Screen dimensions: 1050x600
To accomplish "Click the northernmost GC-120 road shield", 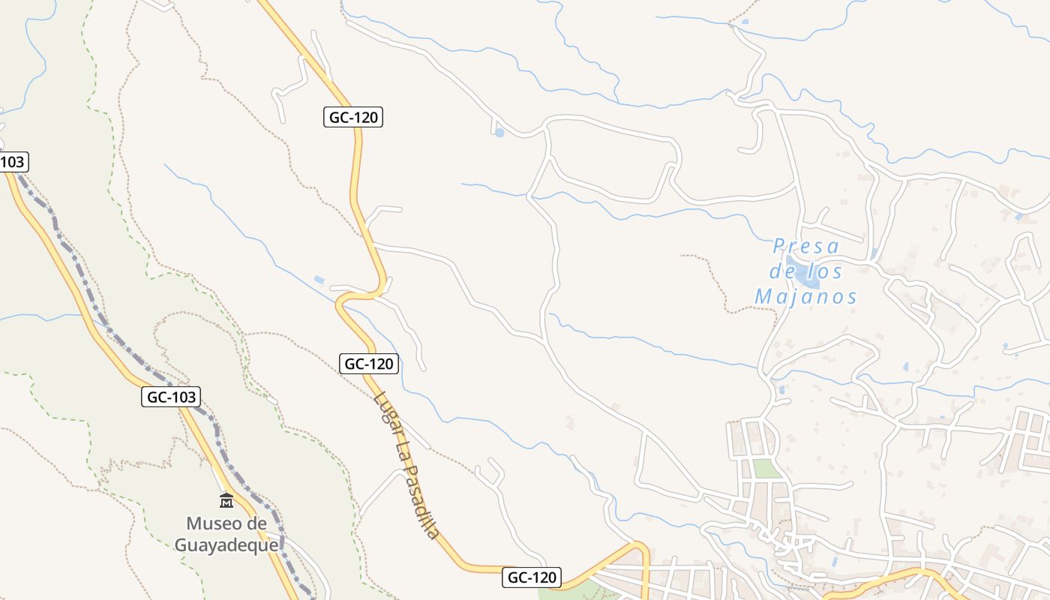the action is [353, 117].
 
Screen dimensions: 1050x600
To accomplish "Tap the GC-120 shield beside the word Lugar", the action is [368, 364].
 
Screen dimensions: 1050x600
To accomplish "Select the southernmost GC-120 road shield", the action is [532, 577].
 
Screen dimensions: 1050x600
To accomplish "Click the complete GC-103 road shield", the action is [171, 397].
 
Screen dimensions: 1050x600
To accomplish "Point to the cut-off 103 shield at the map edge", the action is [13, 161].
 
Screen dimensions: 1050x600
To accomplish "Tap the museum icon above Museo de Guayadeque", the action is [226, 500].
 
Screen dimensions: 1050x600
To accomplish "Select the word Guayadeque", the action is [226, 544].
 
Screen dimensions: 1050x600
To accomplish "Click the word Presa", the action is [806, 246].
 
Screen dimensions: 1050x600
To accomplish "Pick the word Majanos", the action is [806, 297].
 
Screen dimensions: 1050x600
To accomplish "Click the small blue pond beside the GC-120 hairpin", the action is [319, 280].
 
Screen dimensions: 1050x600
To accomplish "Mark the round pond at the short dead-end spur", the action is [499, 133].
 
